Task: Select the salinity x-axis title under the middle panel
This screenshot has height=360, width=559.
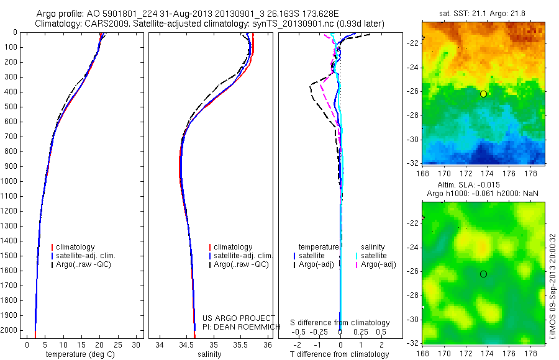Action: pos(208,354)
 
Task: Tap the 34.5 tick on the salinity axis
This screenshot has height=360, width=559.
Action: pos(186,344)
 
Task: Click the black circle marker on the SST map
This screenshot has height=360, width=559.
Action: pos(483,94)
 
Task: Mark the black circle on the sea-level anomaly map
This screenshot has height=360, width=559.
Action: pos(483,274)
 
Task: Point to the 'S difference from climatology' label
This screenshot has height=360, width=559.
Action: pos(340,323)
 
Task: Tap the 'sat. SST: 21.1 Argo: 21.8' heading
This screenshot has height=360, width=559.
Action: pos(484,12)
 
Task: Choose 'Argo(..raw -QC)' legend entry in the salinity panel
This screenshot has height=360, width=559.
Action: pos(241,264)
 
